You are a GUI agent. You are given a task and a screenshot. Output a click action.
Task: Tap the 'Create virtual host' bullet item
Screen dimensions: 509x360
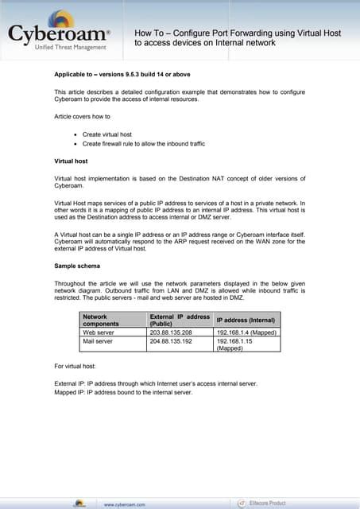click(111, 135)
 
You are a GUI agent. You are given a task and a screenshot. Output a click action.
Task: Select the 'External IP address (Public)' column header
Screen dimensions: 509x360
click(179, 321)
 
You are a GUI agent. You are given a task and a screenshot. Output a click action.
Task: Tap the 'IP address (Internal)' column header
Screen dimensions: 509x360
click(246, 321)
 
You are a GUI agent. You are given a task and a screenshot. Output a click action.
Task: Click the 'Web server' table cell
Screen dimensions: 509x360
click(99, 332)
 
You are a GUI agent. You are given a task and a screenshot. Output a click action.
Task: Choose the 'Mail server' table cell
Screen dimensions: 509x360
click(99, 340)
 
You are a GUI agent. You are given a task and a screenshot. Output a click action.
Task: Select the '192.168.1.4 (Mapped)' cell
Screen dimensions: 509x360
click(246, 332)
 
